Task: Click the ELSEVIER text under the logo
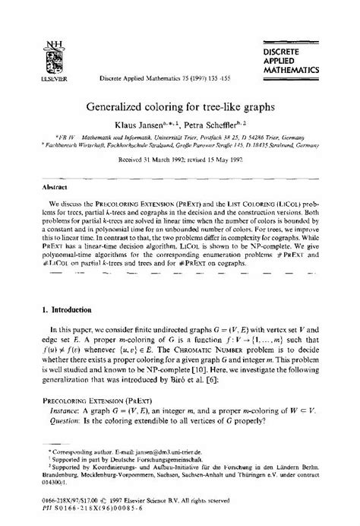[27, 58]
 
